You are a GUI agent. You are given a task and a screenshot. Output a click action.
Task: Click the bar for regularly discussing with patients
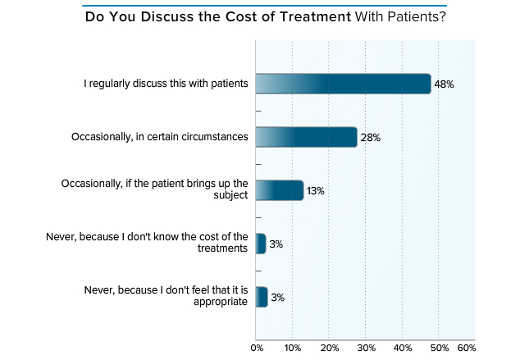(x=343, y=84)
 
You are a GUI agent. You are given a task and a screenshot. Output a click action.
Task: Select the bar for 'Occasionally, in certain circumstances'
(x=306, y=137)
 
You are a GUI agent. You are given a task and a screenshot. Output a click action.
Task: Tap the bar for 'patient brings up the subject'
(x=280, y=190)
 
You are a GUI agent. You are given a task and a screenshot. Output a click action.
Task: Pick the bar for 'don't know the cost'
(x=261, y=244)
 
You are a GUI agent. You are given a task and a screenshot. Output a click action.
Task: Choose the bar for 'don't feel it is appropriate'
(x=262, y=297)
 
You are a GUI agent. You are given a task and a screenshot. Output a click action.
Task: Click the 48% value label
(x=444, y=84)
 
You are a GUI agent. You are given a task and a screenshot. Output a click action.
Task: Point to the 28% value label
(x=370, y=138)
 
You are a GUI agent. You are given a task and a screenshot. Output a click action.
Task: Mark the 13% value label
(x=316, y=191)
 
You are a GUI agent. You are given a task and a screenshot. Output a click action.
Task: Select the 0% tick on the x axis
(x=257, y=349)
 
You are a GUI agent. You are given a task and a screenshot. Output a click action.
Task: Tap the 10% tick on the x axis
(x=293, y=349)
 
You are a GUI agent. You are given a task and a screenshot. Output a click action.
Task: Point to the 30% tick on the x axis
(x=366, y=349)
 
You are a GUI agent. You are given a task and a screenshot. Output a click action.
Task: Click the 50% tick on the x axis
(x=439, y=349)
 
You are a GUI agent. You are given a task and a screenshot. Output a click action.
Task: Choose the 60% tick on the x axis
(x=466, y=349)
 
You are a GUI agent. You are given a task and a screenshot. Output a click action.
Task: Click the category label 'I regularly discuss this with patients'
(x=166, y=84)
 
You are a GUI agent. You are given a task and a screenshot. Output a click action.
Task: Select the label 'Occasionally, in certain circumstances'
(x=159, y=137)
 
